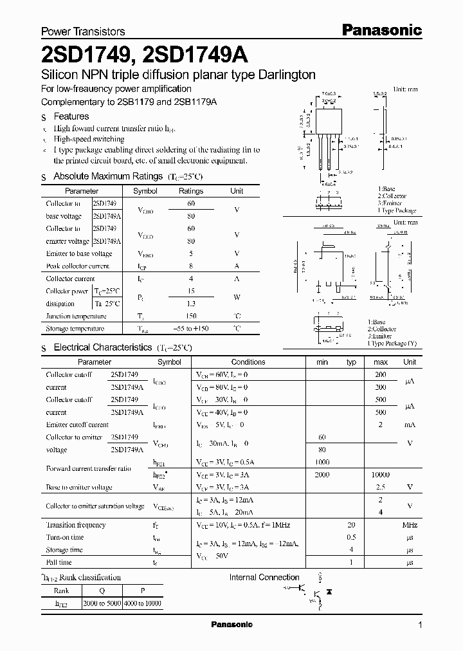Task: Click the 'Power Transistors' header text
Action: pos(83,31)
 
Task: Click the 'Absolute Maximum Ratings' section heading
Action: pos(108,176)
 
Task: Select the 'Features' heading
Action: pos(71,116)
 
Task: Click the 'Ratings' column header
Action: pos(190,191)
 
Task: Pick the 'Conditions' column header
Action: pos(248,362)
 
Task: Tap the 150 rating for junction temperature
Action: pos(190,316)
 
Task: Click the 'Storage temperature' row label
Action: pos(75,329)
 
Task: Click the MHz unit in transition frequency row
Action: pos(410,525)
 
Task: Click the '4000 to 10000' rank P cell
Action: pos(143,605)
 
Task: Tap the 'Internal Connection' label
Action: pos(264,578)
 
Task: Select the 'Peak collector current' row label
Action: pos(78,266)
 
